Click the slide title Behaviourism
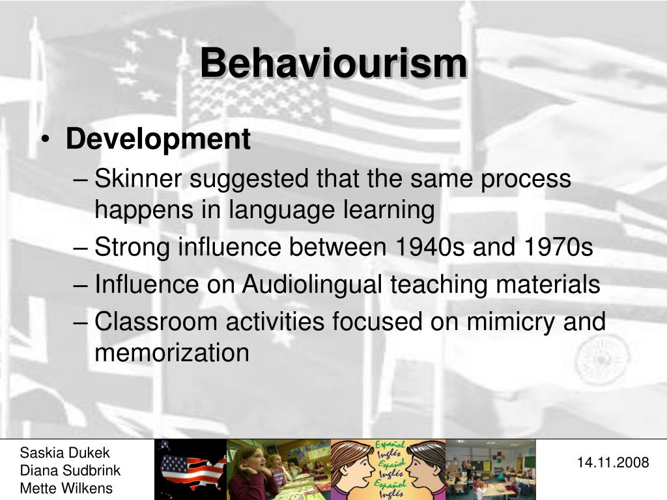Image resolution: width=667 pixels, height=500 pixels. click(333, 64)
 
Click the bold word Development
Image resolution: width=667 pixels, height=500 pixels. click(158, 139)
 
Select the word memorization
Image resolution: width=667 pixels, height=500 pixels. click(172, 353)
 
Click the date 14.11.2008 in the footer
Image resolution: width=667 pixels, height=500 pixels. click(613, 463)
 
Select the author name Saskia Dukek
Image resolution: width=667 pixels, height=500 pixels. click(65, 453)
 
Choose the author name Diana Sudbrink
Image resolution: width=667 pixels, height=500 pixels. click(70, 471)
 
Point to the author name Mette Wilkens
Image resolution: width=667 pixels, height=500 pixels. click(66, 488)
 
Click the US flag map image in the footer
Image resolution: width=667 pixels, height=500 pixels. click(190, 469)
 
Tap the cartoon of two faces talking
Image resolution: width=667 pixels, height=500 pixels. click(388, 469)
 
